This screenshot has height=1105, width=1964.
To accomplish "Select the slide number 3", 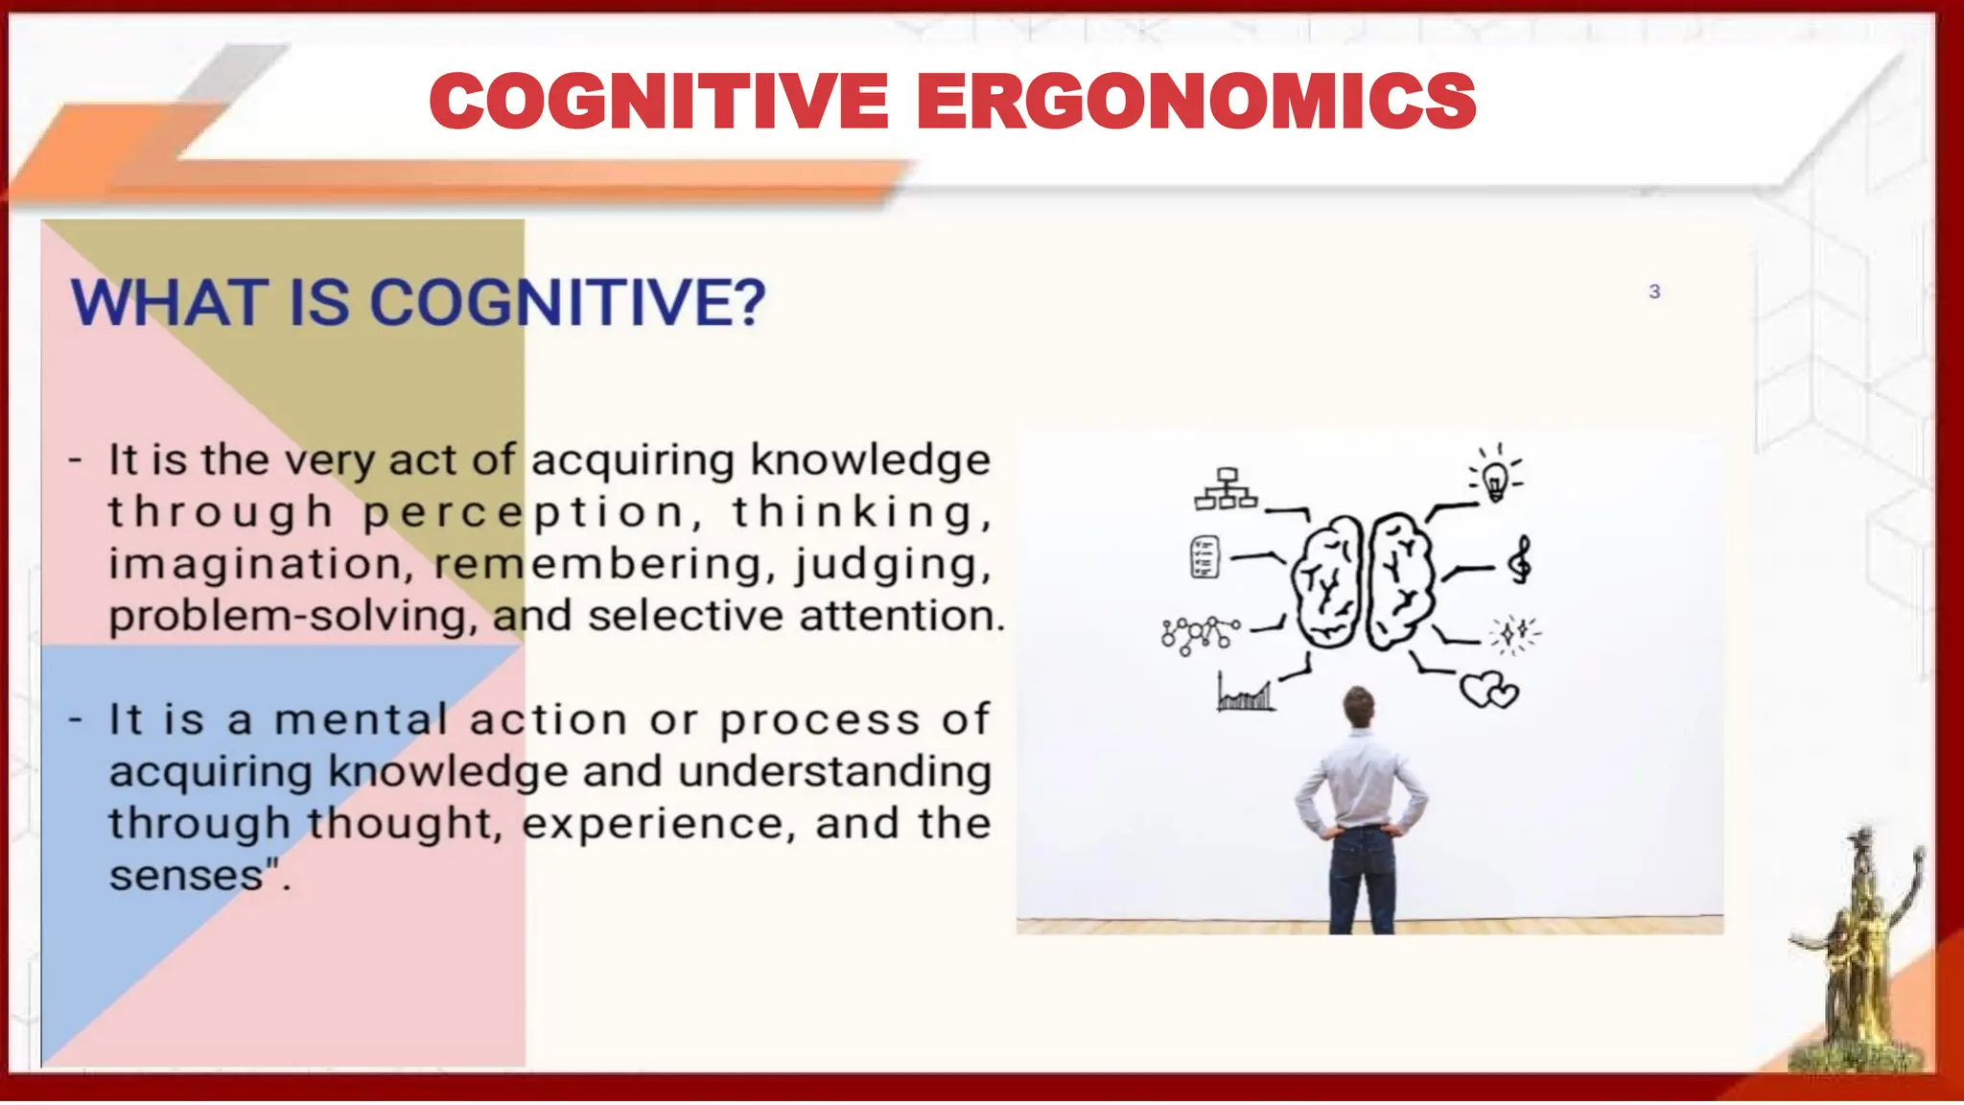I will coord(1654,292).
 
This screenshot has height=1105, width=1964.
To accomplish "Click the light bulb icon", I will coord(1496,476).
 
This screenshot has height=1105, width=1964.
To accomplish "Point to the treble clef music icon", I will coord(1520,560).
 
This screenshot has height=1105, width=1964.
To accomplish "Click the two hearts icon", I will coord(1488,689).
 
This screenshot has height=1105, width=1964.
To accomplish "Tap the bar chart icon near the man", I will coord(1245,692).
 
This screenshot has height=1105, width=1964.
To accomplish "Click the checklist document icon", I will coord(1204,556).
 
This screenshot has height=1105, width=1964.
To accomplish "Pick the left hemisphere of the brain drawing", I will coord(1328,583).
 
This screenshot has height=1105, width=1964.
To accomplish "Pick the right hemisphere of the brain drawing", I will coord(1400,581).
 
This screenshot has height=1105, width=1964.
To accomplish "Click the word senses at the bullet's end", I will coord(186,876).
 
